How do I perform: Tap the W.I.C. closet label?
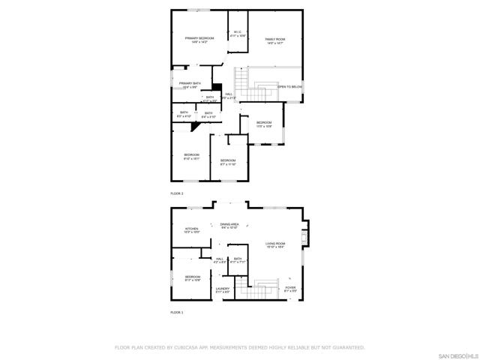coord(237,31)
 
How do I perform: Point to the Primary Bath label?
coord(190,83)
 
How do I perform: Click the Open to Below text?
coord(290,87)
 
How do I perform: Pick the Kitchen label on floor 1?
coord(191,229)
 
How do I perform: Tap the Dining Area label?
coord(229,224)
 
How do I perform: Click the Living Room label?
coord(275,244)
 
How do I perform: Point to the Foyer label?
coord(290,288)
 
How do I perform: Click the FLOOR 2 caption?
coord(177,193)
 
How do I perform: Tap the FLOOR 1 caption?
coord(176,312)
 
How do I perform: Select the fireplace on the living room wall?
coord(303,238)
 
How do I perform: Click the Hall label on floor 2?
coord(228,94)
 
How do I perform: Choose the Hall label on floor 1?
coord(220,259)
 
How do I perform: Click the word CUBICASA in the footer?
coord(183,347)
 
